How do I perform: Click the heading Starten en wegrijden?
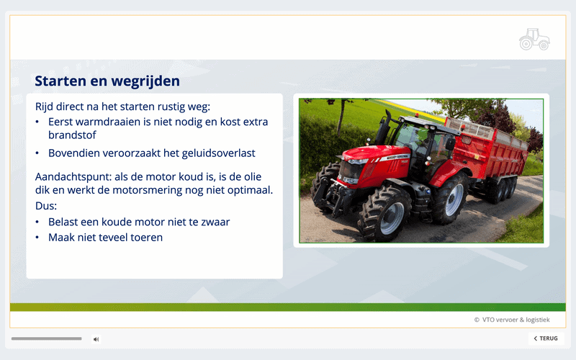point(107,81)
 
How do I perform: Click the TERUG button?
point(546,338)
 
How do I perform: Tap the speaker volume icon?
point(96,339)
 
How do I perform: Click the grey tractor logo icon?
point(534,39)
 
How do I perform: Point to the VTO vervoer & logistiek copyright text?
point(512,320)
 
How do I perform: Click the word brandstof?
point(72,135)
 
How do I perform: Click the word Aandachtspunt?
point(73,177)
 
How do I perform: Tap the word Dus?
point(45,206)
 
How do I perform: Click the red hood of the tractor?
point(375,161)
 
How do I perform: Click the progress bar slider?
point(46,338)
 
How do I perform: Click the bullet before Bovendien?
point(37,153)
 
